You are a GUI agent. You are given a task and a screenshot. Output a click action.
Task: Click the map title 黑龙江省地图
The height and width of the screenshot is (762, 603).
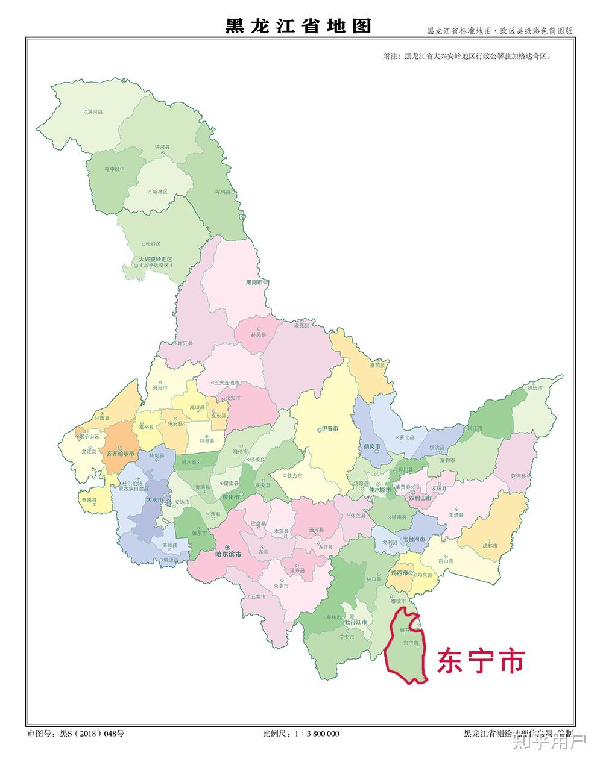(298, 26)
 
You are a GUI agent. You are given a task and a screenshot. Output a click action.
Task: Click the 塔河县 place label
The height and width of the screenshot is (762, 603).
(162, 146)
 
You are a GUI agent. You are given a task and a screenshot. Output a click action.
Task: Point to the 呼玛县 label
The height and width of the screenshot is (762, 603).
(223, 191)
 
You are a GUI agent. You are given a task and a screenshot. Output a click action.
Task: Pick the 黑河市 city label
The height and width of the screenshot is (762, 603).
(256, 283)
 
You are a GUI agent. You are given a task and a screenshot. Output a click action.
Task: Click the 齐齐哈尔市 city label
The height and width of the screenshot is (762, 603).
(119, 452)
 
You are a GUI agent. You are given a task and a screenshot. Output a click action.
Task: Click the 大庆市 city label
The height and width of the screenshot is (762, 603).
(156, 499)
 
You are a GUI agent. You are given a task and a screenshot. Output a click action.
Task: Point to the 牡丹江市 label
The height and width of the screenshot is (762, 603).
(355, 621)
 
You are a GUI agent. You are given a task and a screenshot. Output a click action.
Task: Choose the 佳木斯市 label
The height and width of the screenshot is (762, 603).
(379, 490)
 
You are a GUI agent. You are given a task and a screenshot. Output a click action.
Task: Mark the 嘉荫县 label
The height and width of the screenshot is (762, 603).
(377, 365)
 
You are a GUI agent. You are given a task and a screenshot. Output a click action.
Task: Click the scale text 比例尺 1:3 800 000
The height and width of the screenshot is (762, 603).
(301, 734)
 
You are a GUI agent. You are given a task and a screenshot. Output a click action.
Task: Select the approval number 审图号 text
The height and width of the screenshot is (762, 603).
(75, 734)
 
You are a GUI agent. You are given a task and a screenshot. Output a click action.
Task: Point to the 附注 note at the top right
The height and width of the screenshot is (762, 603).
(467, 56)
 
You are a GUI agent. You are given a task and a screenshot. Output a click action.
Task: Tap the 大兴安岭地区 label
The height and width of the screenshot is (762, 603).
(155, 260)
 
